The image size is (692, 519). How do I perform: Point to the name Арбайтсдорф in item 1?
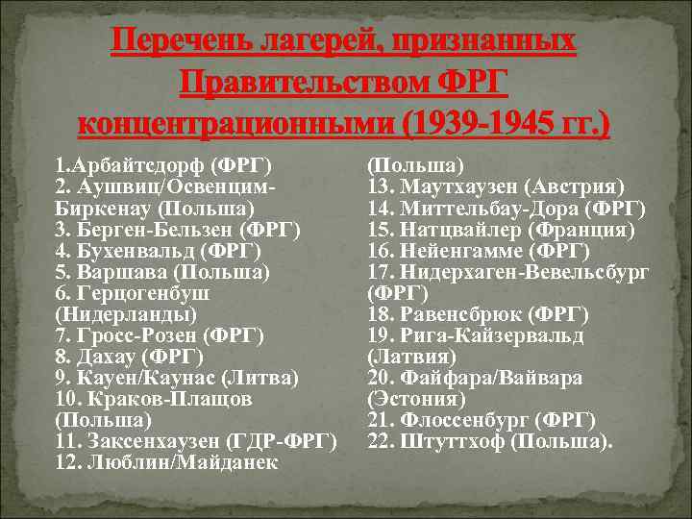(x=143, y=166)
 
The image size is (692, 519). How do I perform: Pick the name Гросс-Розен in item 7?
(x=133, y=335)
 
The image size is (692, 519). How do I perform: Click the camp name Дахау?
(x=105, y=357)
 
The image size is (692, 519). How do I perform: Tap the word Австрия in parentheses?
(x=582, y=187)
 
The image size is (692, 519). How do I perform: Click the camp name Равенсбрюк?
(x=459, y=314)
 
